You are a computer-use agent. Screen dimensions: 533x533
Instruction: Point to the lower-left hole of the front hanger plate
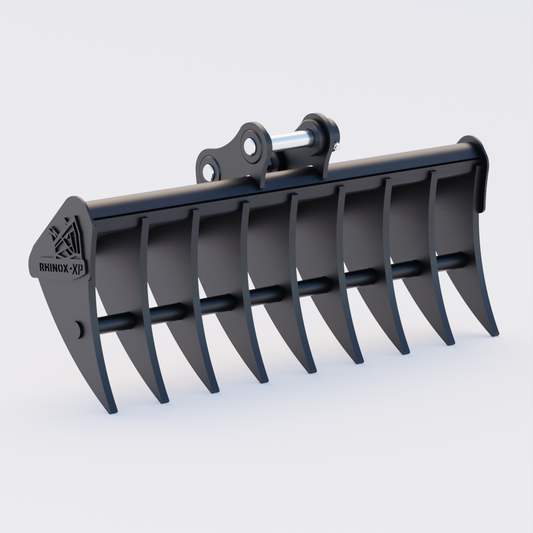208,173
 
